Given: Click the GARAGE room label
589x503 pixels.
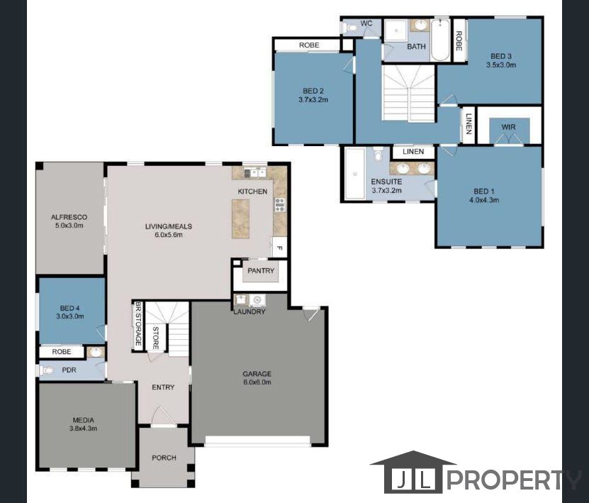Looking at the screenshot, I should point(257,374).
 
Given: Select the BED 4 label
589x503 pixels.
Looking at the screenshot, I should point(72,308).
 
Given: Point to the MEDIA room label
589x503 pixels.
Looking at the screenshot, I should point(84,419).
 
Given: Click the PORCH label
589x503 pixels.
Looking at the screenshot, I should point(164,458).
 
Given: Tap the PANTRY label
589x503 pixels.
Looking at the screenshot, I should point(261,271).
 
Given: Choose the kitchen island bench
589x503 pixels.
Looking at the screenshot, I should point(241,218).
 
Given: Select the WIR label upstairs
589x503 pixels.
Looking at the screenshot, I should point(508,128).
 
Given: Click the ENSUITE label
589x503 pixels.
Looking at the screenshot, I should point(386,182).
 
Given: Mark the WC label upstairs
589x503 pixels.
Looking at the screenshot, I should point(366,23).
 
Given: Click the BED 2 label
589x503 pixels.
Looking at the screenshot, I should point(313,91).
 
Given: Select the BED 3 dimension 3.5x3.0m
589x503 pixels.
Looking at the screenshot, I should point(501,65).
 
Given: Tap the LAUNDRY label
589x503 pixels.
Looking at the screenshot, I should point(249,311).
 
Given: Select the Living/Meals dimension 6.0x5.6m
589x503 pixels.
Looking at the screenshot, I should point(169,235).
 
